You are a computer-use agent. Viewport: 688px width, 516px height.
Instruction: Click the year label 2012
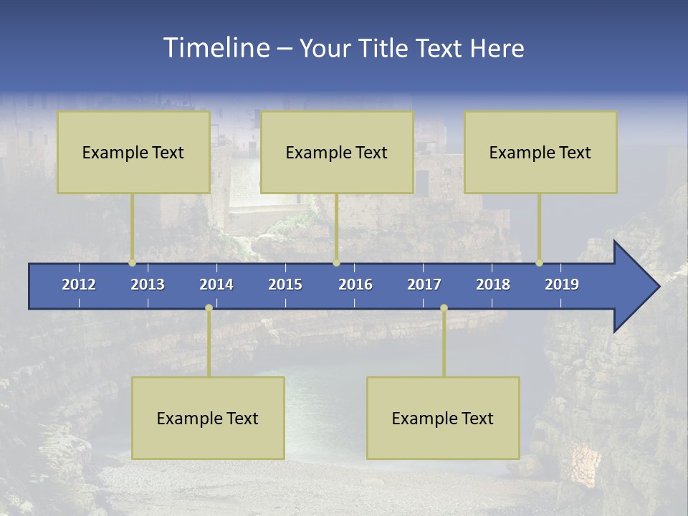pos(79,285)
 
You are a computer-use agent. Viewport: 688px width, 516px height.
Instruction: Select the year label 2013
pos(148,285)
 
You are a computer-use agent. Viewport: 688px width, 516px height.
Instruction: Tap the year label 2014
pos(216,285)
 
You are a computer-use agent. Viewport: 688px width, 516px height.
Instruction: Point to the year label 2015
pos(285,285)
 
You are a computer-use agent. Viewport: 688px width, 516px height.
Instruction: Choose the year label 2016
pos(355,285)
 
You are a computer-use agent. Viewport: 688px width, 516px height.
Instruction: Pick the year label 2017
pos(424,285)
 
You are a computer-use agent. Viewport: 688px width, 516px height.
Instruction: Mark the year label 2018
pos(493,285)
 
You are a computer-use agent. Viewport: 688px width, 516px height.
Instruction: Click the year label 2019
pos(562,285)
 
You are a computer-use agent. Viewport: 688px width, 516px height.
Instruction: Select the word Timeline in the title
pos(216,48)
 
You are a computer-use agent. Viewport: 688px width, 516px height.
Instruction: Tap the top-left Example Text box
pos(133,152)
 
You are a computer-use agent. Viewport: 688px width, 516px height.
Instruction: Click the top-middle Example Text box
pos(337,152)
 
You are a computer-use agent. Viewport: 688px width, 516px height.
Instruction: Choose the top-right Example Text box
pos(540,152)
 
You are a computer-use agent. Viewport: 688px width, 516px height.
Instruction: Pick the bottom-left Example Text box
pos(208,418)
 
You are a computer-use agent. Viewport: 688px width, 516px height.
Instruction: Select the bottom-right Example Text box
pos(443,418)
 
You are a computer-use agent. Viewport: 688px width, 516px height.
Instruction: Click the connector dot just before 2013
pos(132,263)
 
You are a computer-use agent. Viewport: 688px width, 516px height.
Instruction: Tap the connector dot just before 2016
pos(336,263)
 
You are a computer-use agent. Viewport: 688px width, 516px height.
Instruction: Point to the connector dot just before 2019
pos(539,263)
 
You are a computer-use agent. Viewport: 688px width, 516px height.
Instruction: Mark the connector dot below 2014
pos(209,308)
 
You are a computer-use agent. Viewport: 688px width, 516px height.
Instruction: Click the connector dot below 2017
pos(444,308)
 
